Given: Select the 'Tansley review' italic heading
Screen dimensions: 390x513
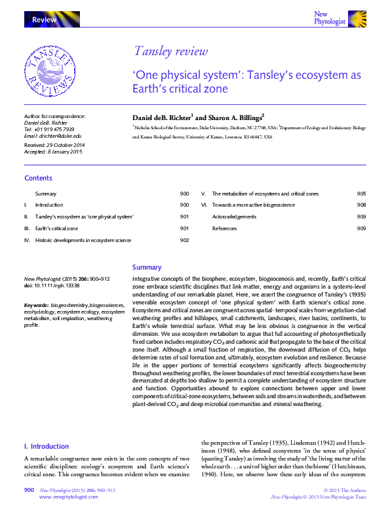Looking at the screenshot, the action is tap(170, 52).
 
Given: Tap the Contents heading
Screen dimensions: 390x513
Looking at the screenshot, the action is tap(38, 178).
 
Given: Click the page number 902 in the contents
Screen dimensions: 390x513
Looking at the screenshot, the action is tap(184, 240).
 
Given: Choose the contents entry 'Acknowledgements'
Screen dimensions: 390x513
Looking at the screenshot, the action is tap(234, 216).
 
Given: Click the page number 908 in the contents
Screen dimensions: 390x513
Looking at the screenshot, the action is tap(361, 205).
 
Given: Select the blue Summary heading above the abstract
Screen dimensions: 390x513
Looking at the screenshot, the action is tap(147, 267).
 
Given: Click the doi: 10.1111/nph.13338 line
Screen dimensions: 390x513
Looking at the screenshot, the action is tap(51, 285).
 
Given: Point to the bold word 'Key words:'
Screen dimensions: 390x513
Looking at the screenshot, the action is tap(36, 306).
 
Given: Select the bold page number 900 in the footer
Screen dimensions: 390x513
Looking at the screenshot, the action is tap(29, 490).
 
